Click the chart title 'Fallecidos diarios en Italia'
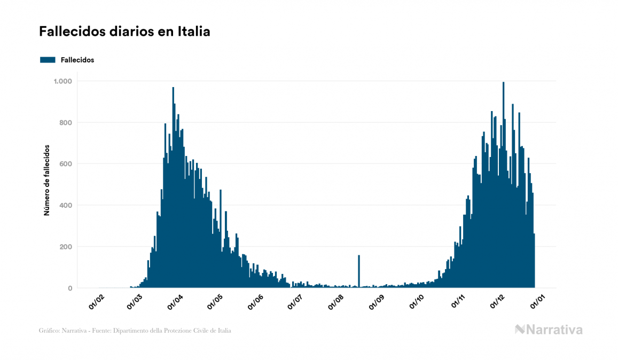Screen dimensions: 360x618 click(124, 32)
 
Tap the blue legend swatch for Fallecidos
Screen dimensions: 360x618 click(48, 60)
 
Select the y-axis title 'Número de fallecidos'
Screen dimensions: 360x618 click(46, 180)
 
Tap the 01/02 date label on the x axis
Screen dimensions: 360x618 click(96, 302)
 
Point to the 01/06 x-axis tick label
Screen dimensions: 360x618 click(256, 302)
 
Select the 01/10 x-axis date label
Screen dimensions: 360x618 click(417, 302)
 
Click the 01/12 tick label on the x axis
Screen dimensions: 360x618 click(498, 302)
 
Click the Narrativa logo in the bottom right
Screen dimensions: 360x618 click(549, 330)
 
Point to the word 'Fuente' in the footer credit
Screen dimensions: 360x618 click(100, 331)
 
